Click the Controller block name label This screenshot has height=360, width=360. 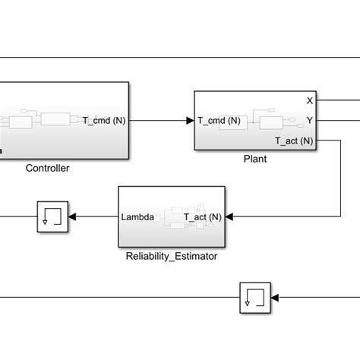coord(47,168)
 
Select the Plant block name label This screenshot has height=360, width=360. coord(254,159)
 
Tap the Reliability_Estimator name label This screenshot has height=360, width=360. coord(172,256)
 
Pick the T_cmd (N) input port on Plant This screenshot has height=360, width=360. coord(219,120)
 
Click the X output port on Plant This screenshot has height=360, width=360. coord(309,100)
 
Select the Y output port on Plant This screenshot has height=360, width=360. coord(309,120)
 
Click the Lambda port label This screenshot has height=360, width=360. coord(137,217)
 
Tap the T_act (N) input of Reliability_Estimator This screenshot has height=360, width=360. coord(203,217)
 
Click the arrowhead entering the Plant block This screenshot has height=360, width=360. coord(190,120)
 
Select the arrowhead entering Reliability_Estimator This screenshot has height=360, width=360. coord(229,217)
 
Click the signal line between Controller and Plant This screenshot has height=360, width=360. coord(159,120)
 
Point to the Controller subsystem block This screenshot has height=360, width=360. coord(65,119)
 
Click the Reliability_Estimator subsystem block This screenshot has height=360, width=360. coord(171,217)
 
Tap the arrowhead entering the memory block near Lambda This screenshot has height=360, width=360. coord(74,217)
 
